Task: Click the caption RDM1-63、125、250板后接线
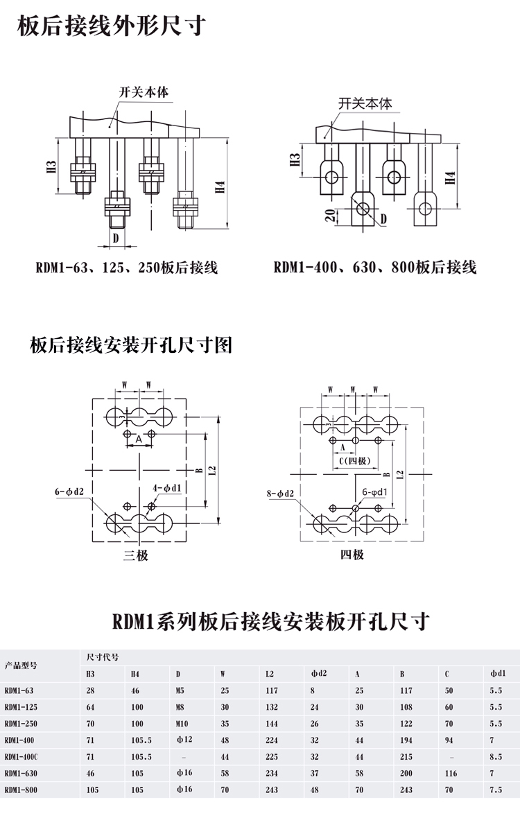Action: (127, 267)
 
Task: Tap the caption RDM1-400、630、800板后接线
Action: (375, 267)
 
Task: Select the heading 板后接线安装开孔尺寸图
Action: (131, 345)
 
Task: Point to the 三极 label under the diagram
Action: (136, 555)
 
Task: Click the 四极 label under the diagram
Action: (352, 555)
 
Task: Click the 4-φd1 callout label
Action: (168, 488)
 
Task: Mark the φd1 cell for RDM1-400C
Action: (496, 756)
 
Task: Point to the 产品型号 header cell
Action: (21, 665)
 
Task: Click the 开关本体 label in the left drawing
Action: (144, 92)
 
